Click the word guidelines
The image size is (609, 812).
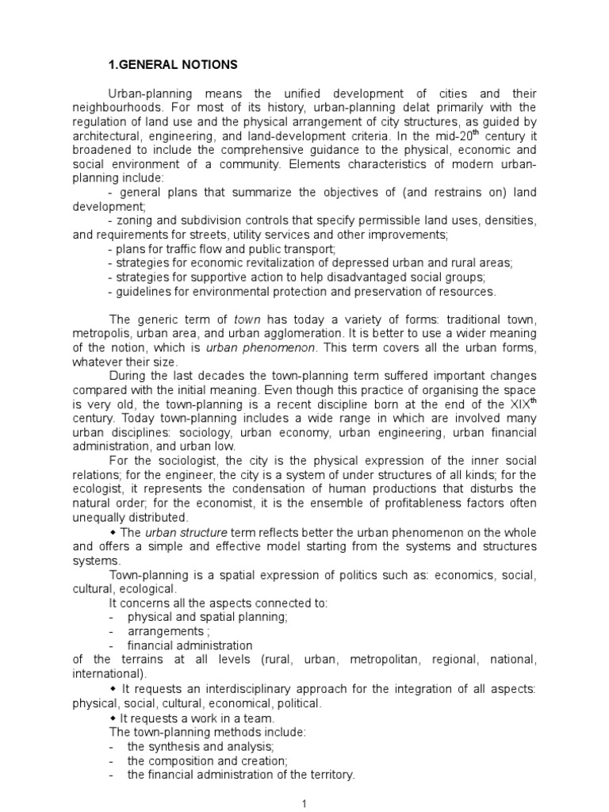[x=146, y=292]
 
